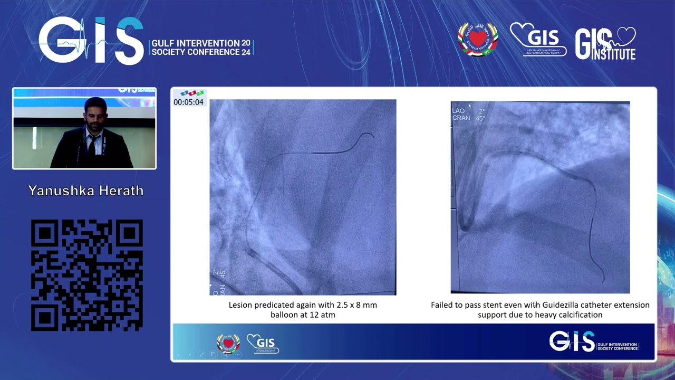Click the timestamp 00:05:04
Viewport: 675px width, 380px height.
pyautogui.click(x=188, y=102)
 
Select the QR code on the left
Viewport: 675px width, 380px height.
pyautogui.click(x=86, y=275)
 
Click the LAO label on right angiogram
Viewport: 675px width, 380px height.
pyautogui.click(x=458, y=111)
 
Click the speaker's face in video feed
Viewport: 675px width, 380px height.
pyautogui.click(x=95, y=114)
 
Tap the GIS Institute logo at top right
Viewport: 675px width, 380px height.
pyautogui.click(x=605, y=43)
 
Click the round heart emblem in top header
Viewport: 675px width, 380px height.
pyautogui.click(x=477, y=40)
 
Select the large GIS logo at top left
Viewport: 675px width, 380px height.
pyautogui.click(x=91, y=41)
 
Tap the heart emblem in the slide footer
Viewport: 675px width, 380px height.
pyautogui.click(x=228, y=344)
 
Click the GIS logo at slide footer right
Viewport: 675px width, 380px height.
pyautogui.click(x=572, y=341)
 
